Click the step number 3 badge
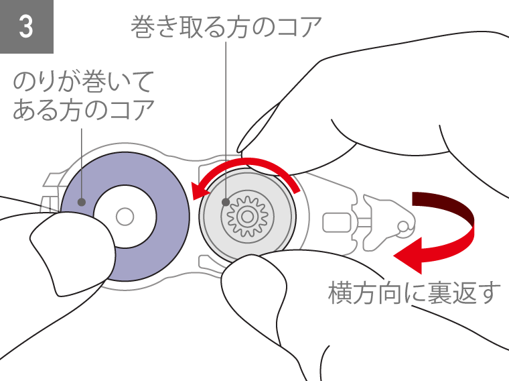point(26,27)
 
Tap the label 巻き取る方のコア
point(227,28)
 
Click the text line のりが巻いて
point(84,83)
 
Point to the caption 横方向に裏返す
point(415,293)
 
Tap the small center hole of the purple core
point(124,217)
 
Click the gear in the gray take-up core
point(247,217)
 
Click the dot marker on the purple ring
point(82,201)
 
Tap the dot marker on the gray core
point(226,201)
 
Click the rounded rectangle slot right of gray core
point(337,223)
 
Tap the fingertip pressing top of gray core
point(268,144)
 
